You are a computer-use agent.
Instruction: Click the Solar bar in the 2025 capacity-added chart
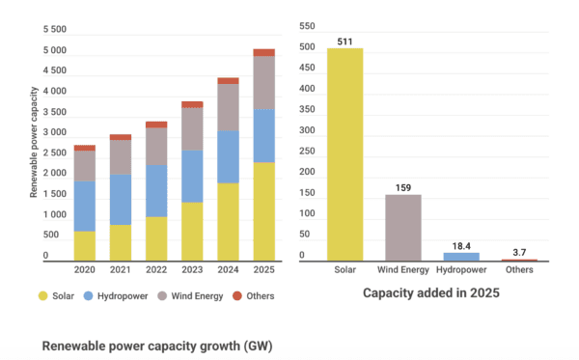point(345,154)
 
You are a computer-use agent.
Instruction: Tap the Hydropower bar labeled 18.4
point(461,257)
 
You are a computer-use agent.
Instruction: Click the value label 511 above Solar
point(345,41)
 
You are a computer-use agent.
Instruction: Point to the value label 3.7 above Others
point(519,251)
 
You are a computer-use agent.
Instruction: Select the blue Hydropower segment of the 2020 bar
point(85,206)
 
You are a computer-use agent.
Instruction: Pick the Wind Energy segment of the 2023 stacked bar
point(192,128)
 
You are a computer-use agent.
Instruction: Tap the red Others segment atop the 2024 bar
point(228,81)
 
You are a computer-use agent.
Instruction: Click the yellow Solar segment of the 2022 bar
point(156,238)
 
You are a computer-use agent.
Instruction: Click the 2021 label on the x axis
point(121,271)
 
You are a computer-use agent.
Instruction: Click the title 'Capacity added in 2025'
point(426,291)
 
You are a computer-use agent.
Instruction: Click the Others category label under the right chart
point(519,271)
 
